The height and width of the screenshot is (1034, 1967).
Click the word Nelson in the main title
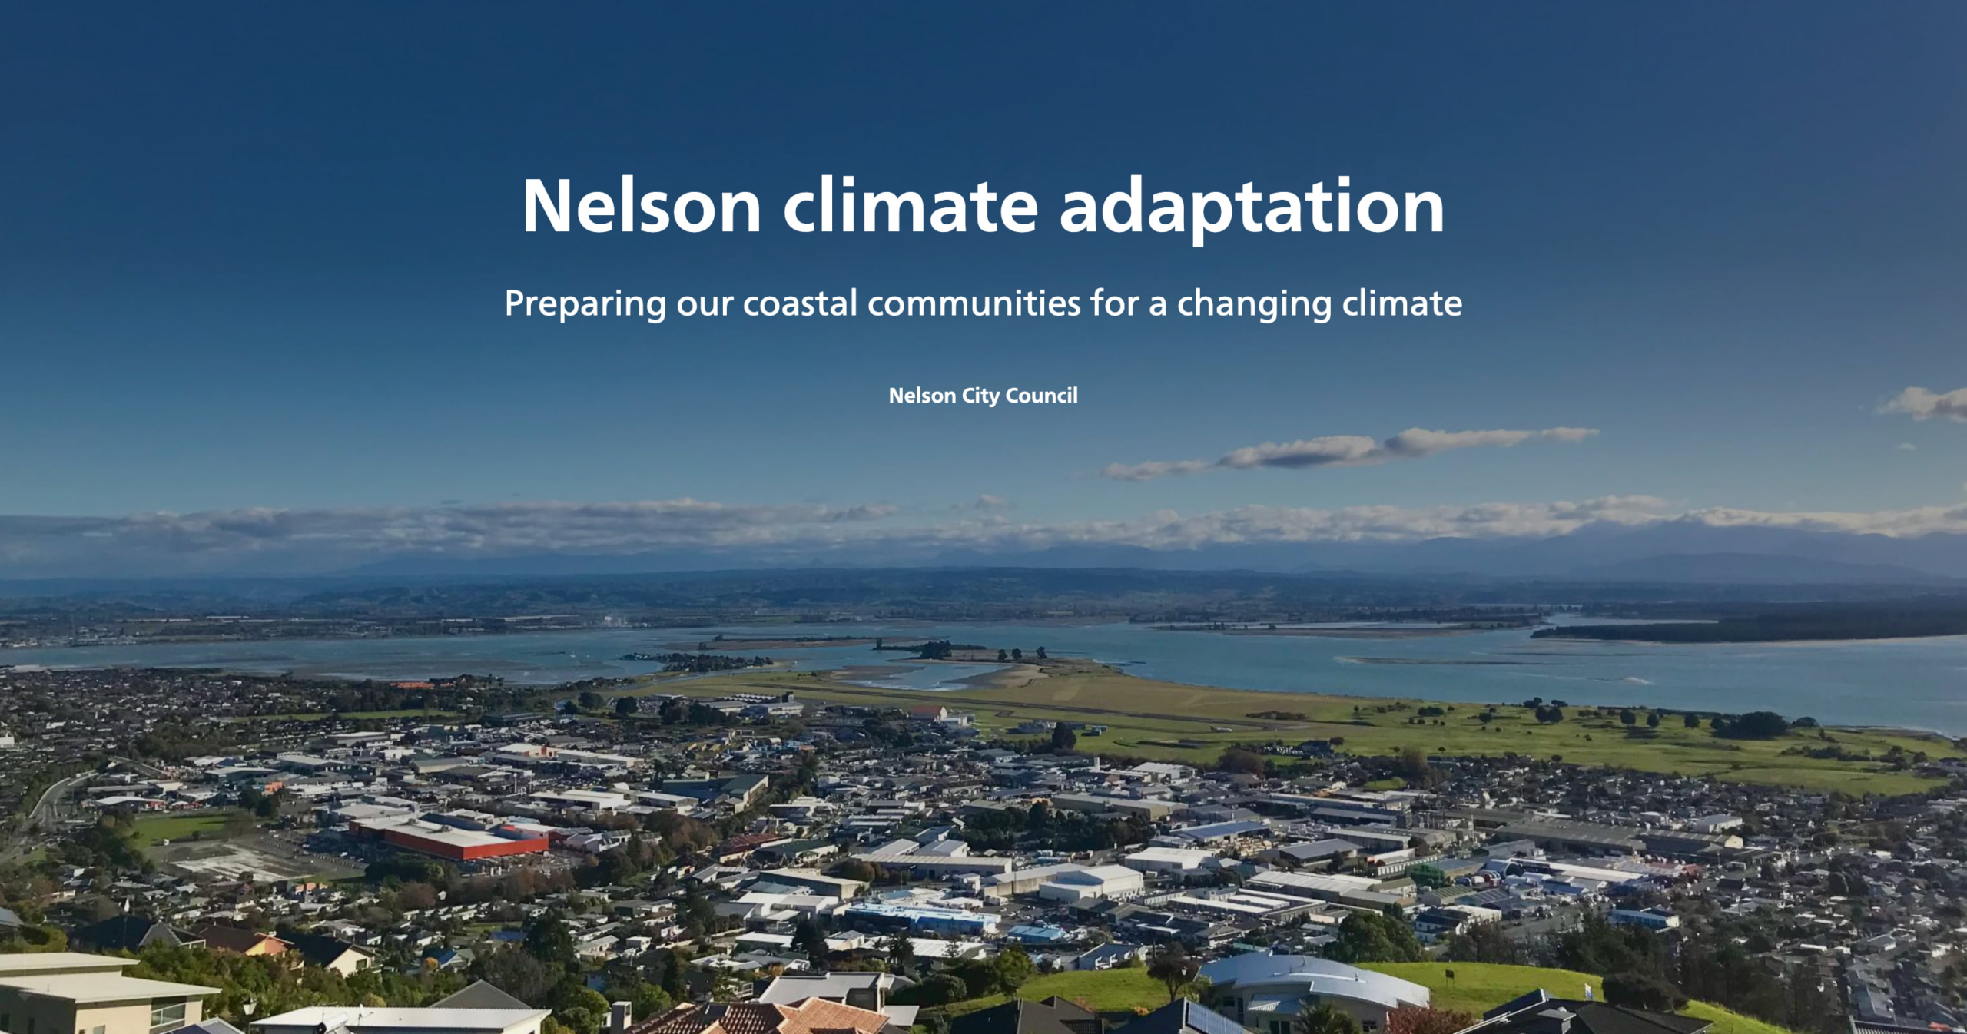point(642,206)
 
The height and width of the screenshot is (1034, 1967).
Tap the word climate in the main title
point(911,206)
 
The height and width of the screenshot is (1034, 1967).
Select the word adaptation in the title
point(1252,209)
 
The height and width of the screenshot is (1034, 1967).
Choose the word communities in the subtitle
point(974,303)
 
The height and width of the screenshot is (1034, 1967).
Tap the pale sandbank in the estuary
point(999,676)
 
